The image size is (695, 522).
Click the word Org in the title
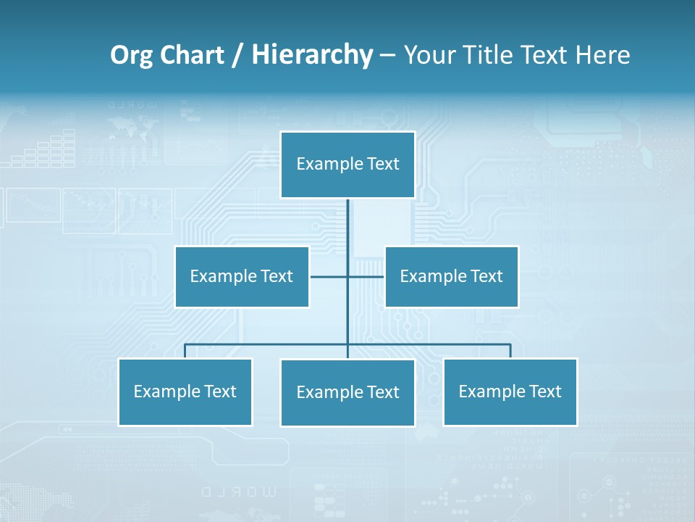pos(131,55)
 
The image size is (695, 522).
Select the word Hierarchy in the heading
pos(312,55)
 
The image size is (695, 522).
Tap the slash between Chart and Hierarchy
pos(237,56)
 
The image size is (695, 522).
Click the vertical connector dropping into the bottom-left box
pos(185,351)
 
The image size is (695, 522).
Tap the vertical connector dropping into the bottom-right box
pos(510,351)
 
